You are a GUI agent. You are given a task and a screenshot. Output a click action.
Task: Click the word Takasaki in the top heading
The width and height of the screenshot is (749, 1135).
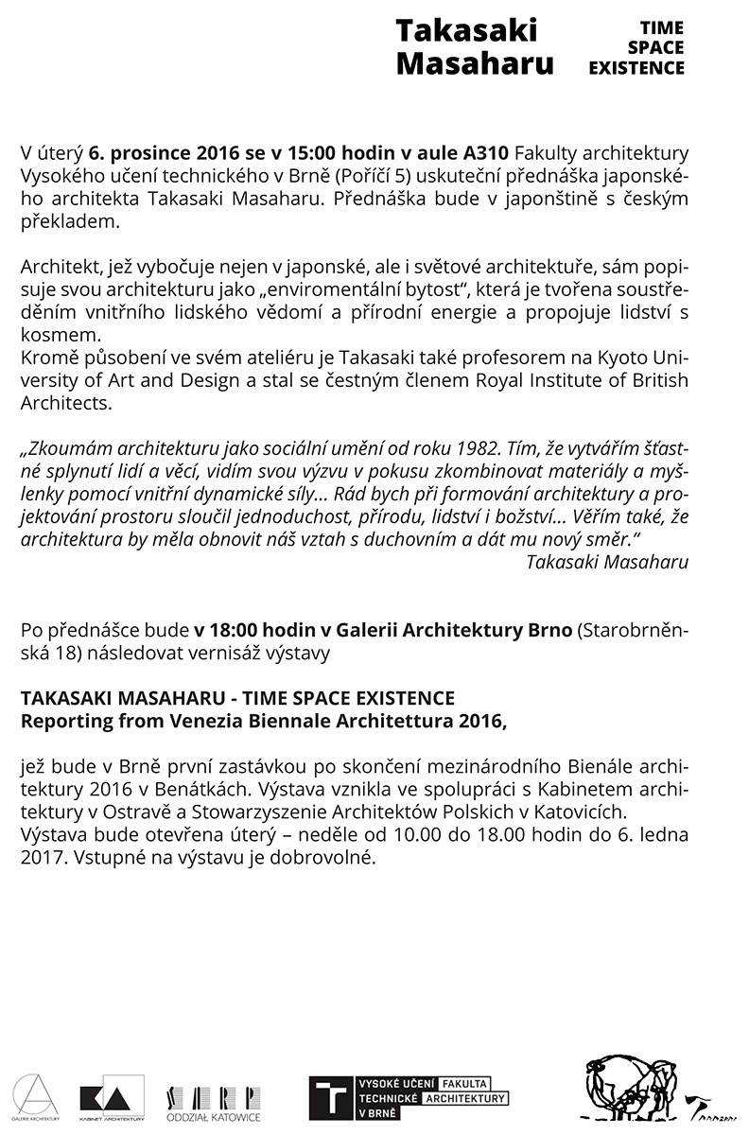(x=466, y=31)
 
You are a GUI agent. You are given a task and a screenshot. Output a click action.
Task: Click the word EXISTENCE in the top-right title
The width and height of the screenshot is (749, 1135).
(x=636, y=68)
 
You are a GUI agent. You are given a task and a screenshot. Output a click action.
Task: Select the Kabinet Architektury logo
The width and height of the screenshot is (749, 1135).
(x=112, y=1097)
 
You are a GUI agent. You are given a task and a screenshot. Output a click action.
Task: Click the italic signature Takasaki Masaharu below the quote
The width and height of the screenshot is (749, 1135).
(x=605, y=561)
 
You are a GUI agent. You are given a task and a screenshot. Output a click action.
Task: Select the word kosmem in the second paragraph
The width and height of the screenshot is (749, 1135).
(x=51, y=336)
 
